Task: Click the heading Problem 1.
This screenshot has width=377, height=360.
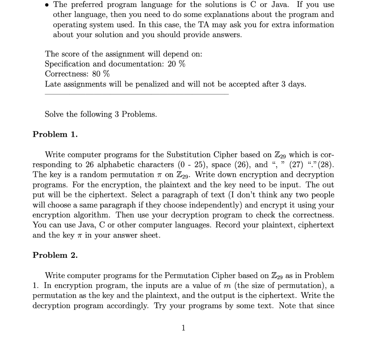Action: click(x=55, y=134)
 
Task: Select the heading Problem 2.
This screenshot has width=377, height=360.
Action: click(x=55, y=255)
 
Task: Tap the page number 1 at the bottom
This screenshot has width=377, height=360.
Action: click(x=184, y=328)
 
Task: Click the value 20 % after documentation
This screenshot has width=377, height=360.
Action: click(x=176, y=64)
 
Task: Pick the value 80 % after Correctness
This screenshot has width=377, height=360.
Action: click(x=101, y=74)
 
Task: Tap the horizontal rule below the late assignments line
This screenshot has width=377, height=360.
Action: click(x=136, y=94)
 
